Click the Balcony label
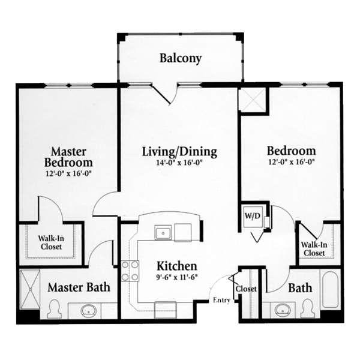(181, 58)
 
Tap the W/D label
(253, 216)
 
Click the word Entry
(221, 300)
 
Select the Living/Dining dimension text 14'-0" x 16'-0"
(179, 163)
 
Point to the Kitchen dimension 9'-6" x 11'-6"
(177, 277)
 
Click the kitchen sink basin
(163, 233)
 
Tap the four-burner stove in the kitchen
(130, 271)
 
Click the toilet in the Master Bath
(54, 309)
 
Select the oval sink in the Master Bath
(88, 311)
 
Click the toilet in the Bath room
(308, 308)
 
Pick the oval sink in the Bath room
(283, 310)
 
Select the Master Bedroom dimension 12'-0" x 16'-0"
(69, 173)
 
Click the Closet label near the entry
(246, 289)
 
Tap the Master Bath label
(79, 287)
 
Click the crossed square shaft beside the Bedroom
(253, 100)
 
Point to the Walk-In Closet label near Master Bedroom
(51, 242)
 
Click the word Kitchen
(177, 266)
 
